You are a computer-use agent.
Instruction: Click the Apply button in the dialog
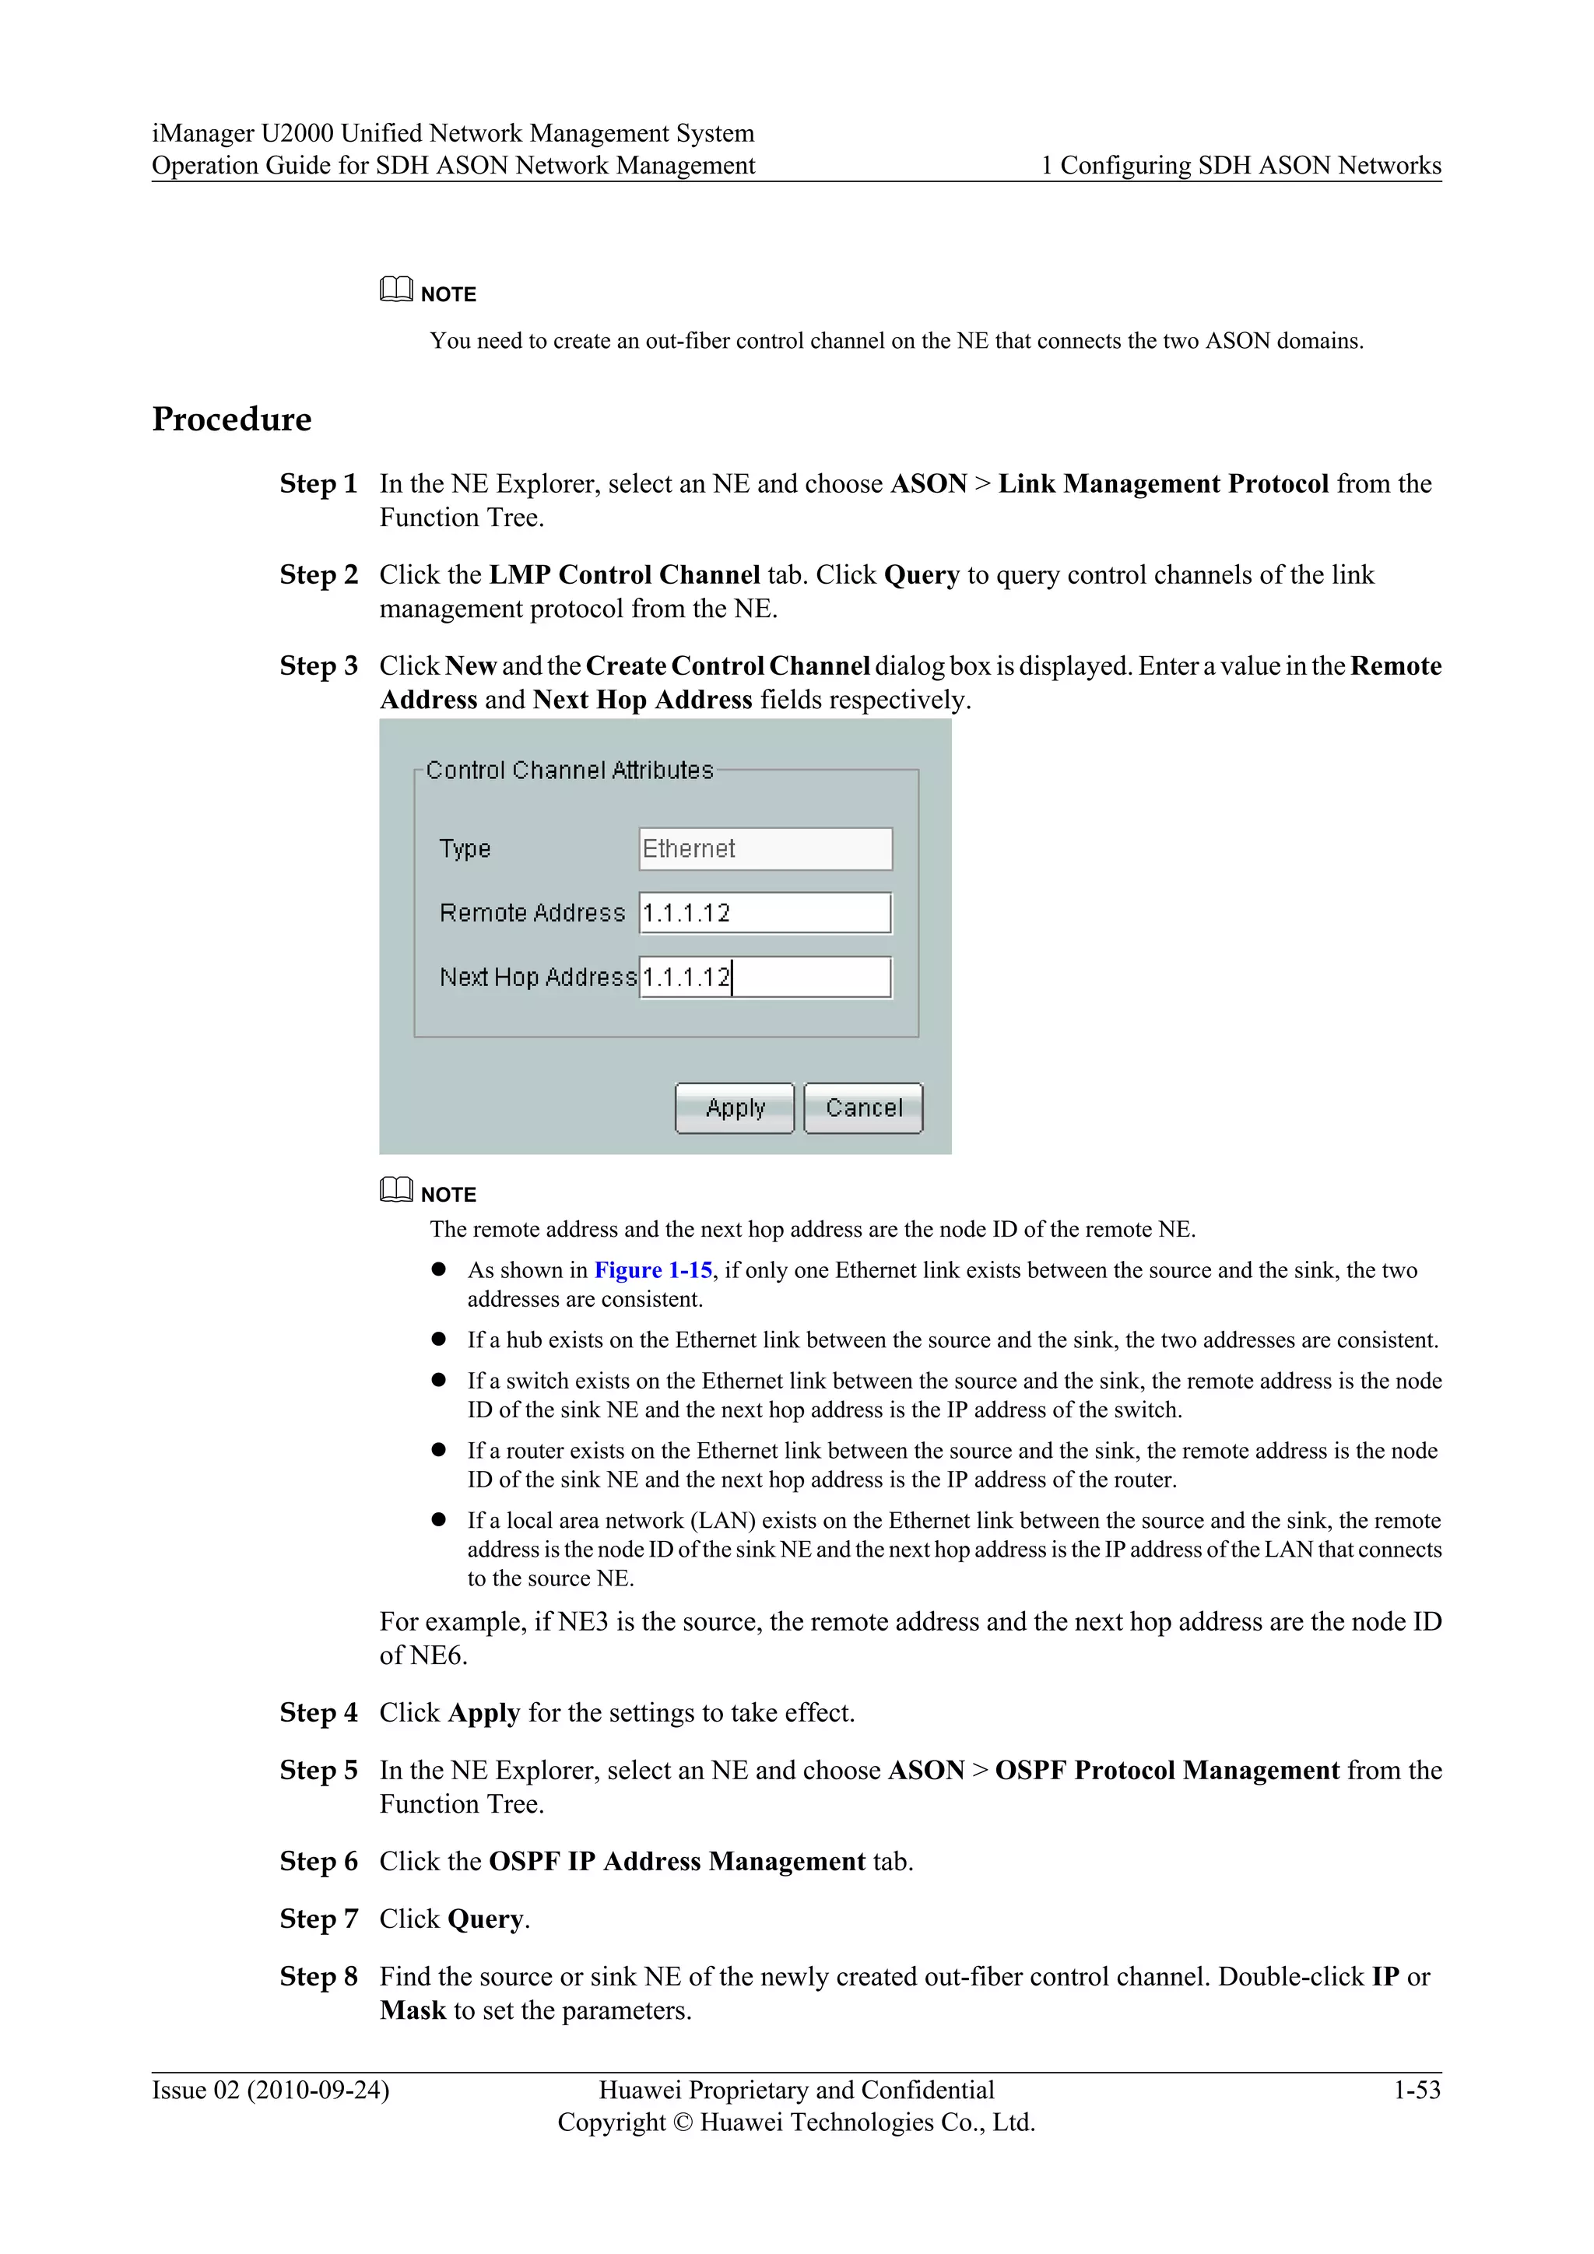pyautogui.click(x=734, y=1108)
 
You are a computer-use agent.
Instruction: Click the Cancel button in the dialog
pyautogui.click(x=862, y=1108)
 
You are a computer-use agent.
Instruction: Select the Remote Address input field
pyautogui.click(x=764, y=913)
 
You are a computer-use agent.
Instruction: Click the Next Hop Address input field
pyautogui.click(x=764, y=978)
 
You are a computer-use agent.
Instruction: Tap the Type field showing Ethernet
pyautogui.click(x=764, y=849)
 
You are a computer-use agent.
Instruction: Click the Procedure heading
pyautogui.click(x=232, y=420)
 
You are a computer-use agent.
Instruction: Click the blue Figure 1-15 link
pyautogui.click(x=653, y=1270)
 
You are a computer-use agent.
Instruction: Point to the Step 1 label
pyautogui.click(x=318, y=484)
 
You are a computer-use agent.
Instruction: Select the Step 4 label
pyautogui.click(x=318, y=1713)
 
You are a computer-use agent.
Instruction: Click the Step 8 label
pyautogui.click(x=318, y=1977)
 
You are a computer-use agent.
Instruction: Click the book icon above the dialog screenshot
pyautogui.click(x=395, y=290)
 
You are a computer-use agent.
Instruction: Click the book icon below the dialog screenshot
pyautogui.click(x=395, y=1191)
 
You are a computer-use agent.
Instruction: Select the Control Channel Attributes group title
pyautogui.click(x=569, y=771)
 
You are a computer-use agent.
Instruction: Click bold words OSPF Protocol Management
pyautogui.click(x=1166, y=1771)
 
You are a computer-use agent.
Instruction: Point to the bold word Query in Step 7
pyautogui.click(x=486, y=1920)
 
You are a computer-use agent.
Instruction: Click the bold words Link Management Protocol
pyautogui.click(x=1163, y=484)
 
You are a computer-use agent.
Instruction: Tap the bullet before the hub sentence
pyautogui.click(x=439, y=1340)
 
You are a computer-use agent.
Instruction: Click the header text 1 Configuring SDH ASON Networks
pyautogui.click(x=1241, y=166)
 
